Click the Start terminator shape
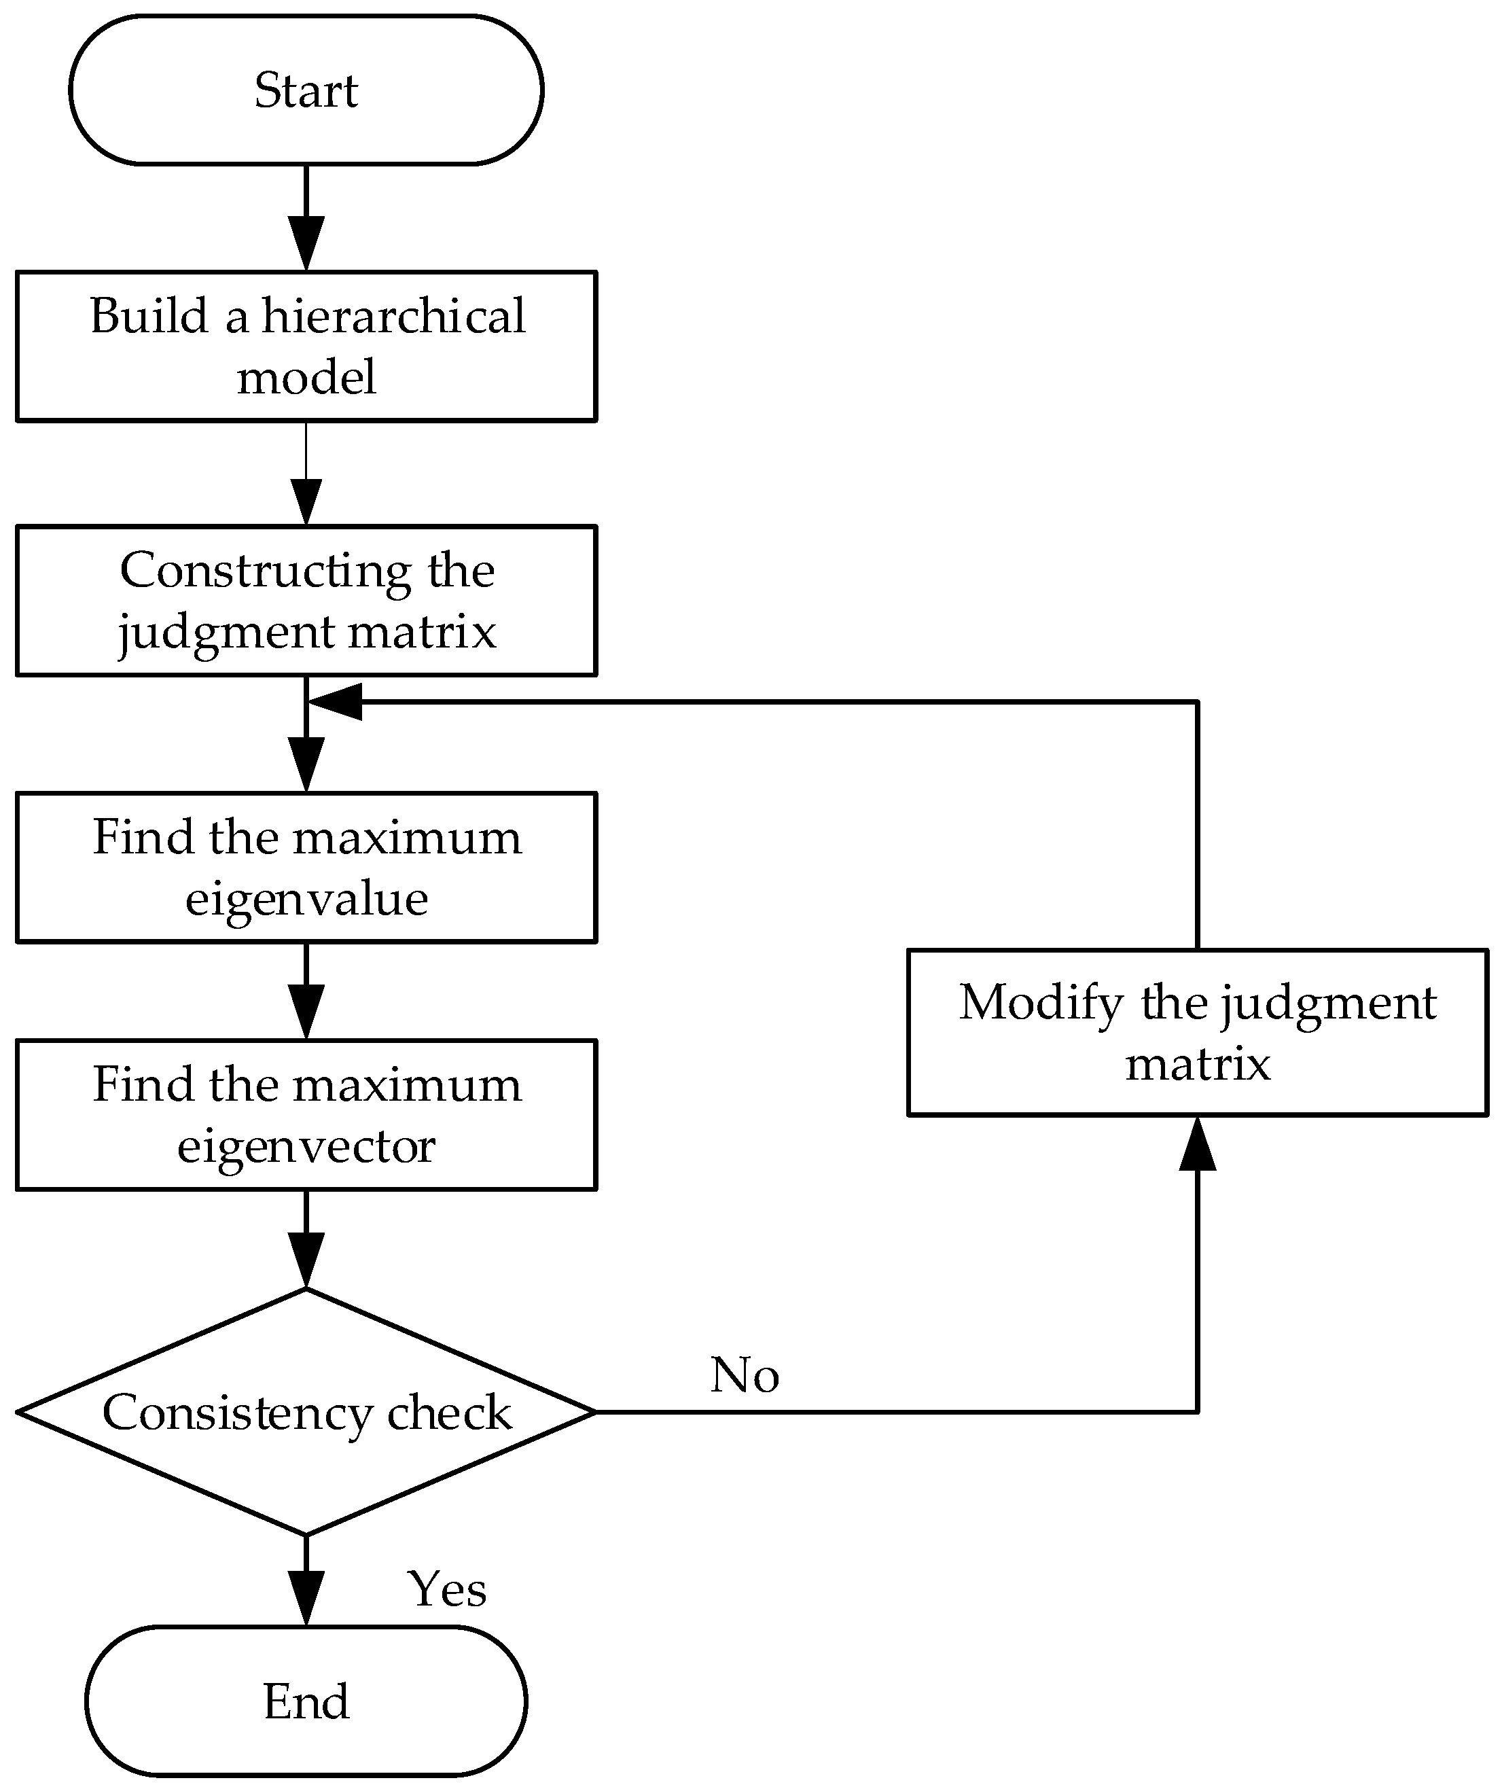click(306, 90)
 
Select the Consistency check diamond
click(306, 1413)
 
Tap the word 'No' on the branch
click(745, 1375)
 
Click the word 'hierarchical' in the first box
click(393, 316)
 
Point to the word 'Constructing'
click(265, 570)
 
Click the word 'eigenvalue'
click(306, 899)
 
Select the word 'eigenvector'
click(306, 1146)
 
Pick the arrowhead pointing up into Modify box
click(1197, 1145)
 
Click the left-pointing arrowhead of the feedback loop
click(334, 701)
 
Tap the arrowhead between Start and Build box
click(306, 244)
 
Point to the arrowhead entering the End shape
click(306, 1597)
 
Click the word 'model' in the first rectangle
click(306, 377)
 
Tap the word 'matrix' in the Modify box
click(1197, 1064)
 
